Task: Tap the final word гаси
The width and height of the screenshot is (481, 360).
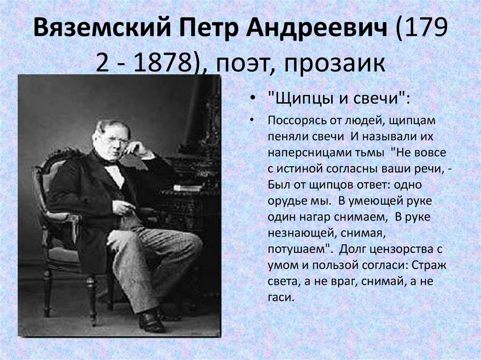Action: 280,297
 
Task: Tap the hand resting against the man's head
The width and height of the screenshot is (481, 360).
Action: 136,148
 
